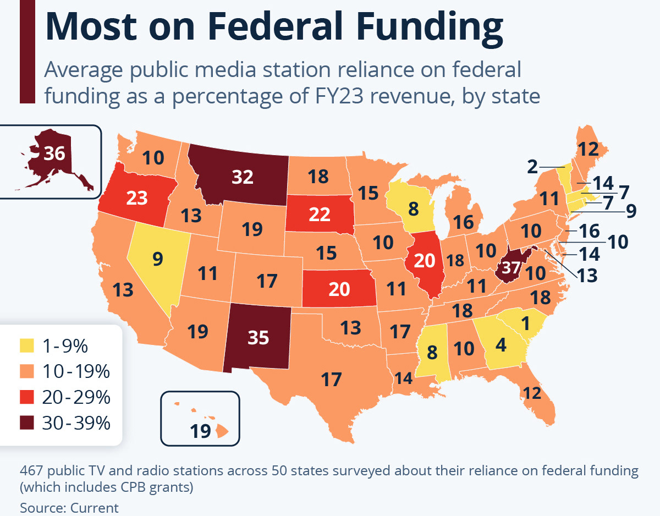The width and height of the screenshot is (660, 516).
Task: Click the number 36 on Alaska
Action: point(54,153)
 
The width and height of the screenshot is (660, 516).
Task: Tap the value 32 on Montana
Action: point(242,177)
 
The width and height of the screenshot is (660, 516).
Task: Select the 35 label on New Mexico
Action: point(258,337)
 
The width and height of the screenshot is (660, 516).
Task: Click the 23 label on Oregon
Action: point(137,197)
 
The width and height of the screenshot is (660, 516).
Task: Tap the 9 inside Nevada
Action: point(158,259)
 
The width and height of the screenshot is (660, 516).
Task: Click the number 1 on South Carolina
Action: point(525,324)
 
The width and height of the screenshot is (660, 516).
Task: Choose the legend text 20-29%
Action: point(76,397)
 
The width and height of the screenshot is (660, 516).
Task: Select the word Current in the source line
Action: point(95,508)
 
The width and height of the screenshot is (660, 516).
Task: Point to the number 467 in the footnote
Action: point(33,471)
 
